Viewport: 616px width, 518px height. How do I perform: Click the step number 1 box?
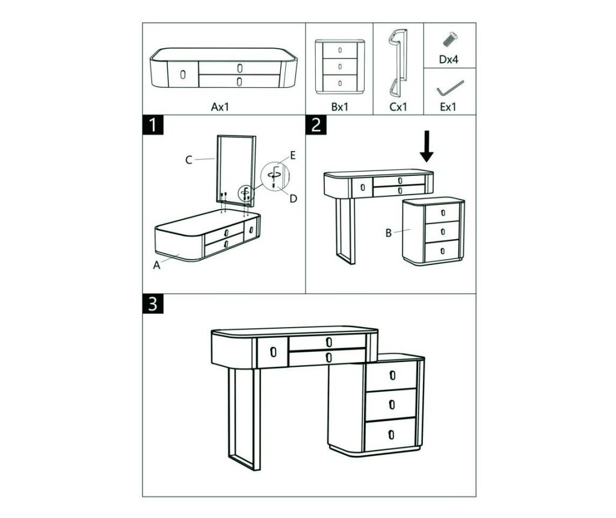point(153,125)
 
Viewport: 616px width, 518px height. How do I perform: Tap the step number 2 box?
point(316,125)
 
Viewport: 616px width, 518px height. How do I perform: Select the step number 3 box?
point(153,304)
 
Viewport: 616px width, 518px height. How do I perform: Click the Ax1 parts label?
point(220,107)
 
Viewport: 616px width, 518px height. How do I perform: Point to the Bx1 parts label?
point(340,107)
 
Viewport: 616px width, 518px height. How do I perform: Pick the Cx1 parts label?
point(398,107)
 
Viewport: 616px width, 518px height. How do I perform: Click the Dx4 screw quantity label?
point(449,60)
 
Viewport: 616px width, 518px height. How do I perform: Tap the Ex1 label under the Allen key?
point(448,107)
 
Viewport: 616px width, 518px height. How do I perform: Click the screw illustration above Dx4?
point(450,39)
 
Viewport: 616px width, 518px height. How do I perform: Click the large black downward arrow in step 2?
point(427,146)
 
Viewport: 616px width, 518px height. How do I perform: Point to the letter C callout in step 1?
point(188,160)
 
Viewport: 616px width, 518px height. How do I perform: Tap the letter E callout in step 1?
point(293,155)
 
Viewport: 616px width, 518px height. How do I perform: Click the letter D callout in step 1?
point(293,199)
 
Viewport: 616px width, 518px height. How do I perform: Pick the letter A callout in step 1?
point(157,265)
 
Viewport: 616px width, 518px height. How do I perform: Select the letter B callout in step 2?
point(389,233)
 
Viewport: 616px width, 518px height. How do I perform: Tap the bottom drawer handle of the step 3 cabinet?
point(391,435)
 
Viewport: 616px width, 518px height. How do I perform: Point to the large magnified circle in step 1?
point(276,176)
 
